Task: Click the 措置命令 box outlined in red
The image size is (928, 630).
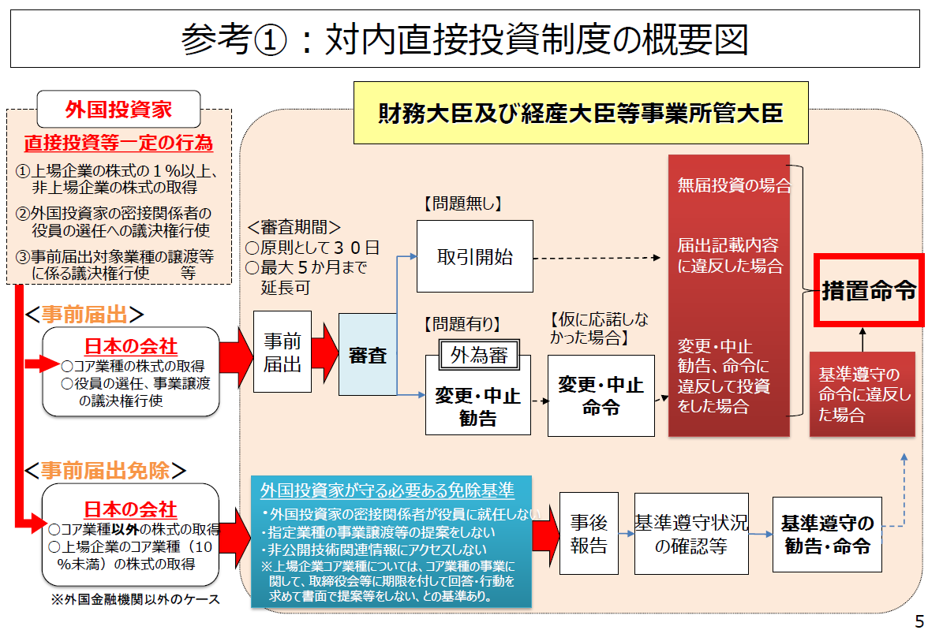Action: tap(868, 290)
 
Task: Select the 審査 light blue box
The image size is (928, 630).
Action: tap(368, 354)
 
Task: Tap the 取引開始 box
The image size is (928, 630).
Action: tap(475, 256)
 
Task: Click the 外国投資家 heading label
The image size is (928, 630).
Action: tap(118, 110)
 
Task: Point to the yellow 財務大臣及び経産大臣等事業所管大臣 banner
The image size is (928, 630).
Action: tap(581, 113)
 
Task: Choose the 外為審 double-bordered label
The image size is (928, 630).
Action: tap(479, 354)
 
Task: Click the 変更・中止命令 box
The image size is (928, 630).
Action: tap(601, 396)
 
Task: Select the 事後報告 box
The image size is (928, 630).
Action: tap(589, 533)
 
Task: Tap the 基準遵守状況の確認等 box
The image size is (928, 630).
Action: tap(691, 534)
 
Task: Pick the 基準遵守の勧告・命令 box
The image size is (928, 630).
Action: tap(827, 534)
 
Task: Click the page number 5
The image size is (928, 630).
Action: tap(919, 621)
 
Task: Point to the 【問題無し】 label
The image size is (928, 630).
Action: tap(462, 203)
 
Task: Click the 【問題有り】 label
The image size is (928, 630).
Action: tap(462, 323)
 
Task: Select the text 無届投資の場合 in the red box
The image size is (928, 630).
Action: tap(734, 186)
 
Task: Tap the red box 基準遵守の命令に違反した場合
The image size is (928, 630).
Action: tap(863, 394)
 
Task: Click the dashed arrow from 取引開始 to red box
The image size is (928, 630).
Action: tap(597, 258)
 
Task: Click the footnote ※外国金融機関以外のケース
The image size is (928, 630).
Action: tap(135, 599)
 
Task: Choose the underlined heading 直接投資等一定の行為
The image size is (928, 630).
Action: tap(118, 143)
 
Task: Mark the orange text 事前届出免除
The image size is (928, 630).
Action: tap(106, 470)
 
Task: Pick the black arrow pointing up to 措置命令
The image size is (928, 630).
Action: tap(863, 340)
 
